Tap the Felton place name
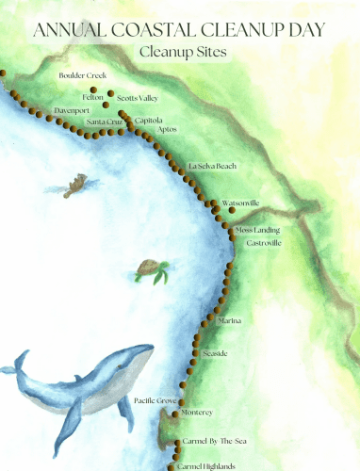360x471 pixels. click(93, 96)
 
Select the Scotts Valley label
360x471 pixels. click(138, 96)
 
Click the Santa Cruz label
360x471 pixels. click(104, 122)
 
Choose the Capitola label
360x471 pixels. click(149, 121)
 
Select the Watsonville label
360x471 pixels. click(240, 203)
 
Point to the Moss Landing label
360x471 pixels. click(257, 230)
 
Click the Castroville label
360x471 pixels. click(263, 243)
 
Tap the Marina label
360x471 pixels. click(230, 321)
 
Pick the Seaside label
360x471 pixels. click(216, 353)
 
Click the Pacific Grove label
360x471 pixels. click(155, 400)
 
